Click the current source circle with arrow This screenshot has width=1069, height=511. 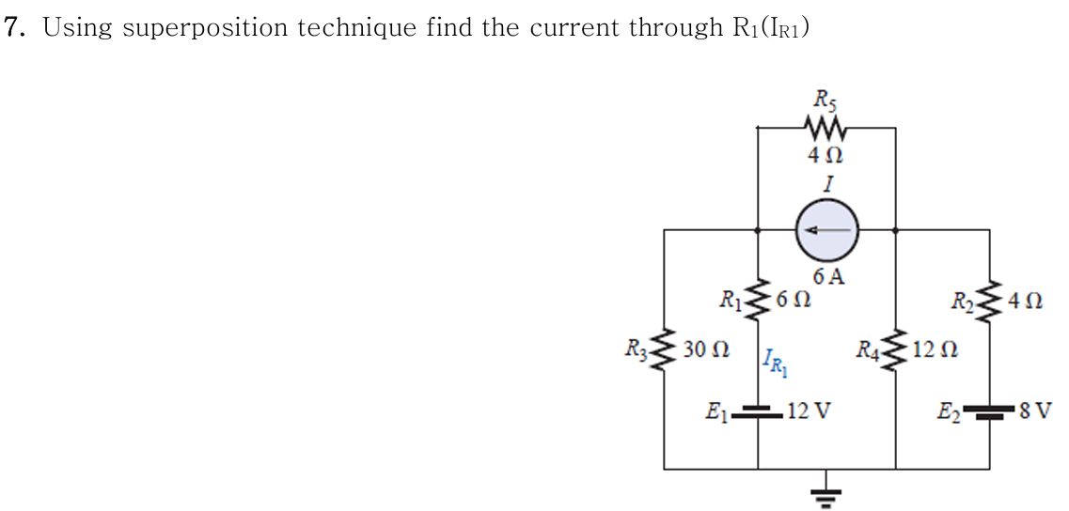[826, 230]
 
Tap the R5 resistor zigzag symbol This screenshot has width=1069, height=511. [825, 126]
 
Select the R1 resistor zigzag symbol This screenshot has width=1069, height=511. [760, 301]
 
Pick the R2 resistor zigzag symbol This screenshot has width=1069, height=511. [989, 302]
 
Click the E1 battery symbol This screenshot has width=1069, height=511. [759, 410]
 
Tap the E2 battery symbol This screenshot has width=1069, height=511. [989, 410]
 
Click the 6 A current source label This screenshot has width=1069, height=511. [828, 276]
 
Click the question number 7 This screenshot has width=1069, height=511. [13, 27]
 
